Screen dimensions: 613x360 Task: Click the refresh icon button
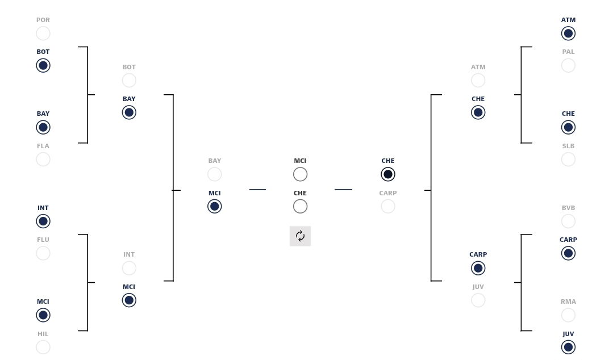[300, 236]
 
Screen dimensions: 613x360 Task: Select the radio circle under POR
[43, 34]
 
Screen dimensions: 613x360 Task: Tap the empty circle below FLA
[43, 160]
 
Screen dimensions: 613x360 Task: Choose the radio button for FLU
[43, 253]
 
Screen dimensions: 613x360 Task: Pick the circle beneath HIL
[43, 347]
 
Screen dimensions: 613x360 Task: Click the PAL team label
[568, 52]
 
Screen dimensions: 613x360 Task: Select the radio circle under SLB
[568, 160]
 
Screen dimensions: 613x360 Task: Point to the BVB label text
[568, 208]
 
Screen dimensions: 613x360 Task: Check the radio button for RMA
[568, 315]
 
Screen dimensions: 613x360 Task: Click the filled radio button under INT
[43, 221]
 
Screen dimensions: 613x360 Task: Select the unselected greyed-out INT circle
[129, 268]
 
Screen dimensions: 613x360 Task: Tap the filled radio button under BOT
[43, 65]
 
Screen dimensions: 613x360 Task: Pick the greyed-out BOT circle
[129, 81]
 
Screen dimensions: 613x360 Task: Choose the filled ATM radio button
[568, 34]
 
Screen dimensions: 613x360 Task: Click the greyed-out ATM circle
[478, 81]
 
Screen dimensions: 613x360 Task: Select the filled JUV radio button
[568, 347]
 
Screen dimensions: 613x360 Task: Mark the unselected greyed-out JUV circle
[478, 300]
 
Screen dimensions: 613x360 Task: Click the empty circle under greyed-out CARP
[388, 206]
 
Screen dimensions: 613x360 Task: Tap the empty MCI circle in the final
[300, 174]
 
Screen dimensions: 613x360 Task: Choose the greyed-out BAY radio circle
[215, 174]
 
